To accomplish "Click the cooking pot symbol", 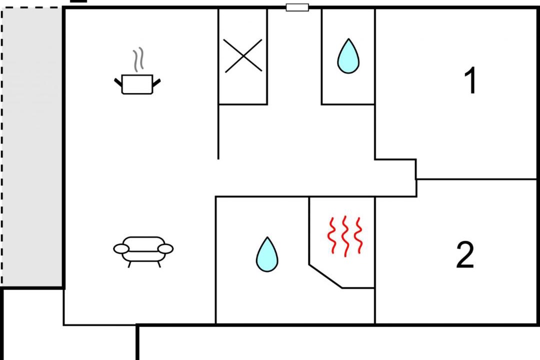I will click(137, 84).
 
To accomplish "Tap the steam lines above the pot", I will click(138, 59).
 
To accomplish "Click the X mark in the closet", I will click(243, 55).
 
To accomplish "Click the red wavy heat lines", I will click(344, 235).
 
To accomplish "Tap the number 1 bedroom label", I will click(471, 81).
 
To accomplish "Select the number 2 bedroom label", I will click(465, 255).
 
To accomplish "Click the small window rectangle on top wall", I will click(297, 7).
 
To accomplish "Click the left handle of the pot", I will click(118, 81).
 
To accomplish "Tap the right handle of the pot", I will click(157, 81).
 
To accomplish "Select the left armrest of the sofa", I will click(121, 248).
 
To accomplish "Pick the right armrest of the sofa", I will click(166, 248).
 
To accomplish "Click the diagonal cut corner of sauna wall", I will click(325, 275).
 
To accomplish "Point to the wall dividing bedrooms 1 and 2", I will click(477, 179).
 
